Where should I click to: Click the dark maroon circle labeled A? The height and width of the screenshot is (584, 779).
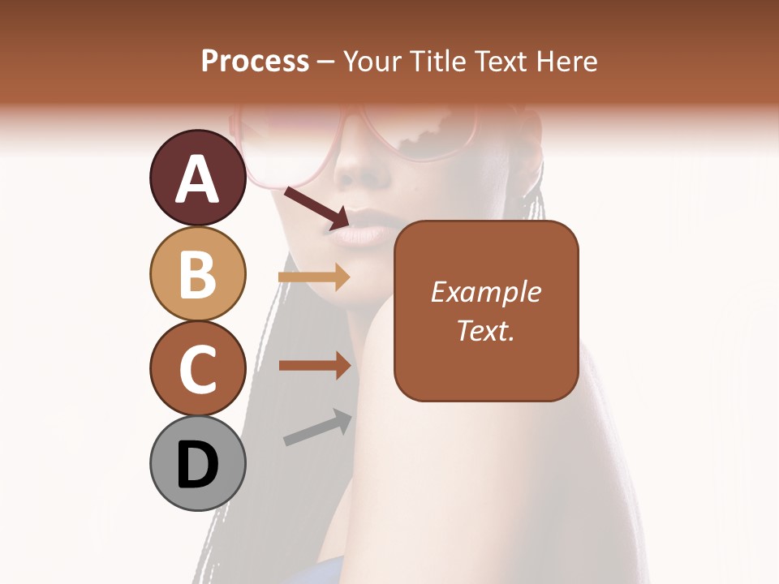point(198,178)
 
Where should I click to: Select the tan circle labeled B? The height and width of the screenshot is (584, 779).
point(198,273)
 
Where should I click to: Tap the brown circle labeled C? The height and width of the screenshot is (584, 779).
point(198,368)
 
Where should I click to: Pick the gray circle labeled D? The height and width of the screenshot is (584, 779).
point(198,463)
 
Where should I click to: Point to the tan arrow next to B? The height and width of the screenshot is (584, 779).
point(313,277)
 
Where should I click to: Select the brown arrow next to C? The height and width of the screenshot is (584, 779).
point(313,365)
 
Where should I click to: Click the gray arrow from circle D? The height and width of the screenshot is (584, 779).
point(317,428)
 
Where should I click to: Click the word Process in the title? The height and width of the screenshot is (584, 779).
point(255,62)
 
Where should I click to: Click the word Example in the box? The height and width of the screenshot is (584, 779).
point(486,293)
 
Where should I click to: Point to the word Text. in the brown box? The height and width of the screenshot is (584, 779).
point(486,330)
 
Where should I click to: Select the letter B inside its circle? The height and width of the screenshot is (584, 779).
point(198,273)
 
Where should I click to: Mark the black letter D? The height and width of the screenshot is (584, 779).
point(198,463)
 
